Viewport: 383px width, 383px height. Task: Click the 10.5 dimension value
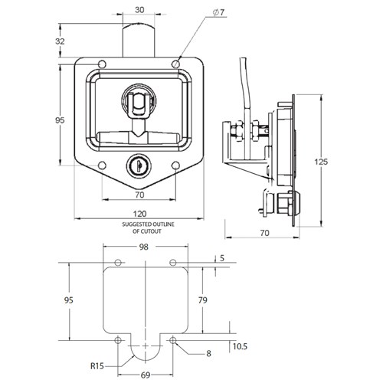pyautogui.click(x=238, y=347)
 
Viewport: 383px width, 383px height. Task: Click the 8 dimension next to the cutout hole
pyautogui.click(x=208, y=354)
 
